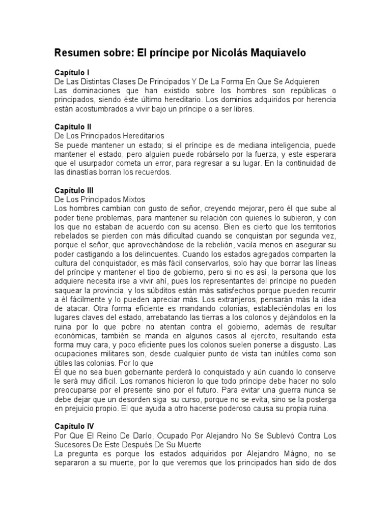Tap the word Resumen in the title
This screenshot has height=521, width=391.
click(x=81, y=53)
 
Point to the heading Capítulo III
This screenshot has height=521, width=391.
click(x=74, y=189)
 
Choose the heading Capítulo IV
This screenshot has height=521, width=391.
click(x=74, y=425)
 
